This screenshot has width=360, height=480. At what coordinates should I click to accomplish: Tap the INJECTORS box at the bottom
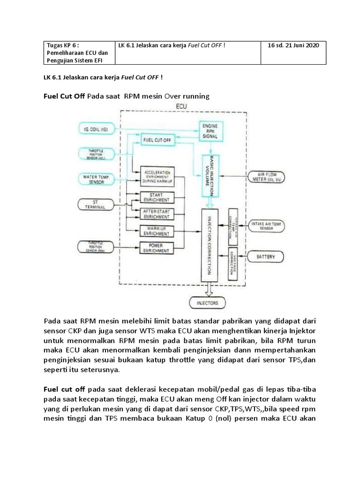[207, 303]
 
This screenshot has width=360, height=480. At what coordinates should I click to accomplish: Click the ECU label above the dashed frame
[180, 106]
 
